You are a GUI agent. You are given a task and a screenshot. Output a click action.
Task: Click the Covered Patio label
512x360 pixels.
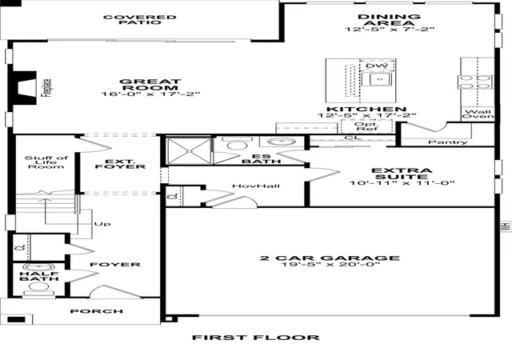(x=139, y=20)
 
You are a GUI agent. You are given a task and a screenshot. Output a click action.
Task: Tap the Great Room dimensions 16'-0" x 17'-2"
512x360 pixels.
(x=150, y=94)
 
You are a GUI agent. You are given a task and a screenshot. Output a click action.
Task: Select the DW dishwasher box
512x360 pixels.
(x=377, y=66)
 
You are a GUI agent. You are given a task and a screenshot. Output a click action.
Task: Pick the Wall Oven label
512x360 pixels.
(x=478, y=114)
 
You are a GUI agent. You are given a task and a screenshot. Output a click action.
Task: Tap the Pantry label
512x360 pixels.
(x=448, y=142)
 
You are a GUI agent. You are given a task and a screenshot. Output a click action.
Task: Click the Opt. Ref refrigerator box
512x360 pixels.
(x=366, y=126)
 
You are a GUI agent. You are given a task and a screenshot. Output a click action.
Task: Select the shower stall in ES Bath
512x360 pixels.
(x=189, y=150)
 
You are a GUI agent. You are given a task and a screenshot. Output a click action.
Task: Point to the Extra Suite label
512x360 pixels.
(x=402, y=174)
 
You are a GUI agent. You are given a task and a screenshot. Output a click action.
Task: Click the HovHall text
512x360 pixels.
(x=256, y=186)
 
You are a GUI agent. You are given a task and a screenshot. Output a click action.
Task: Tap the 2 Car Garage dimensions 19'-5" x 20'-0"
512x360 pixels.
(x=330, y=264)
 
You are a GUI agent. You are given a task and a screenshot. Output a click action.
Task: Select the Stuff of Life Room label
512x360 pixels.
(x=46, y=162)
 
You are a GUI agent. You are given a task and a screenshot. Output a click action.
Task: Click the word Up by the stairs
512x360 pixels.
(x=102, y=224)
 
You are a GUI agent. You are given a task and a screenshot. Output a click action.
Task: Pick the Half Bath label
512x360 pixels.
(x=39, y=276)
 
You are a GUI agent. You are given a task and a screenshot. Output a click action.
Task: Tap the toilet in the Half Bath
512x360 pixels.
(x=39, y=289)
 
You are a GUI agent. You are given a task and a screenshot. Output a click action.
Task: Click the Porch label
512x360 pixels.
(x=97, y=311)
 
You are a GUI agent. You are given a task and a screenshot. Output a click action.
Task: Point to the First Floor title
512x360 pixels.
(x=256, y=338)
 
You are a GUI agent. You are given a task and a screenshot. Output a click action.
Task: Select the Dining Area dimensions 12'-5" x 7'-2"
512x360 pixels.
(x=390, y=29)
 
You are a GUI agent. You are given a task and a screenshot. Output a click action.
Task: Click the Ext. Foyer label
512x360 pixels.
(x=120, y=164)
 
